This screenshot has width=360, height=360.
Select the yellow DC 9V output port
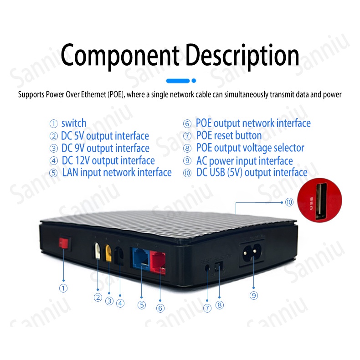[x=109, y=252]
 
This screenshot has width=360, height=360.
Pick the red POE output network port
[x=158, y=260]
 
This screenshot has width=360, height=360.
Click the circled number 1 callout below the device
[x=63, y=288]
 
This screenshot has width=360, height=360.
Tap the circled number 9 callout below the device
[x=254, y=295]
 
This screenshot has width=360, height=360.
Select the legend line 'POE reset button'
[x=228, y=136]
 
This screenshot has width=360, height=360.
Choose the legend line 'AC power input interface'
[x=244, y=161]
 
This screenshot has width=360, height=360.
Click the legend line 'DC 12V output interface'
[x=108, y=160]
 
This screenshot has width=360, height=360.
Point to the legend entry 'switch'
[x=73, y=123]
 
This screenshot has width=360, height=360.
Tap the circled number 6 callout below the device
[x=160, y=308]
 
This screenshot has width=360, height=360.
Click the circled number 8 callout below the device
[x=220, y=305]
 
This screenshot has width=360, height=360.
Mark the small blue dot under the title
[x=194, y=81]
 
